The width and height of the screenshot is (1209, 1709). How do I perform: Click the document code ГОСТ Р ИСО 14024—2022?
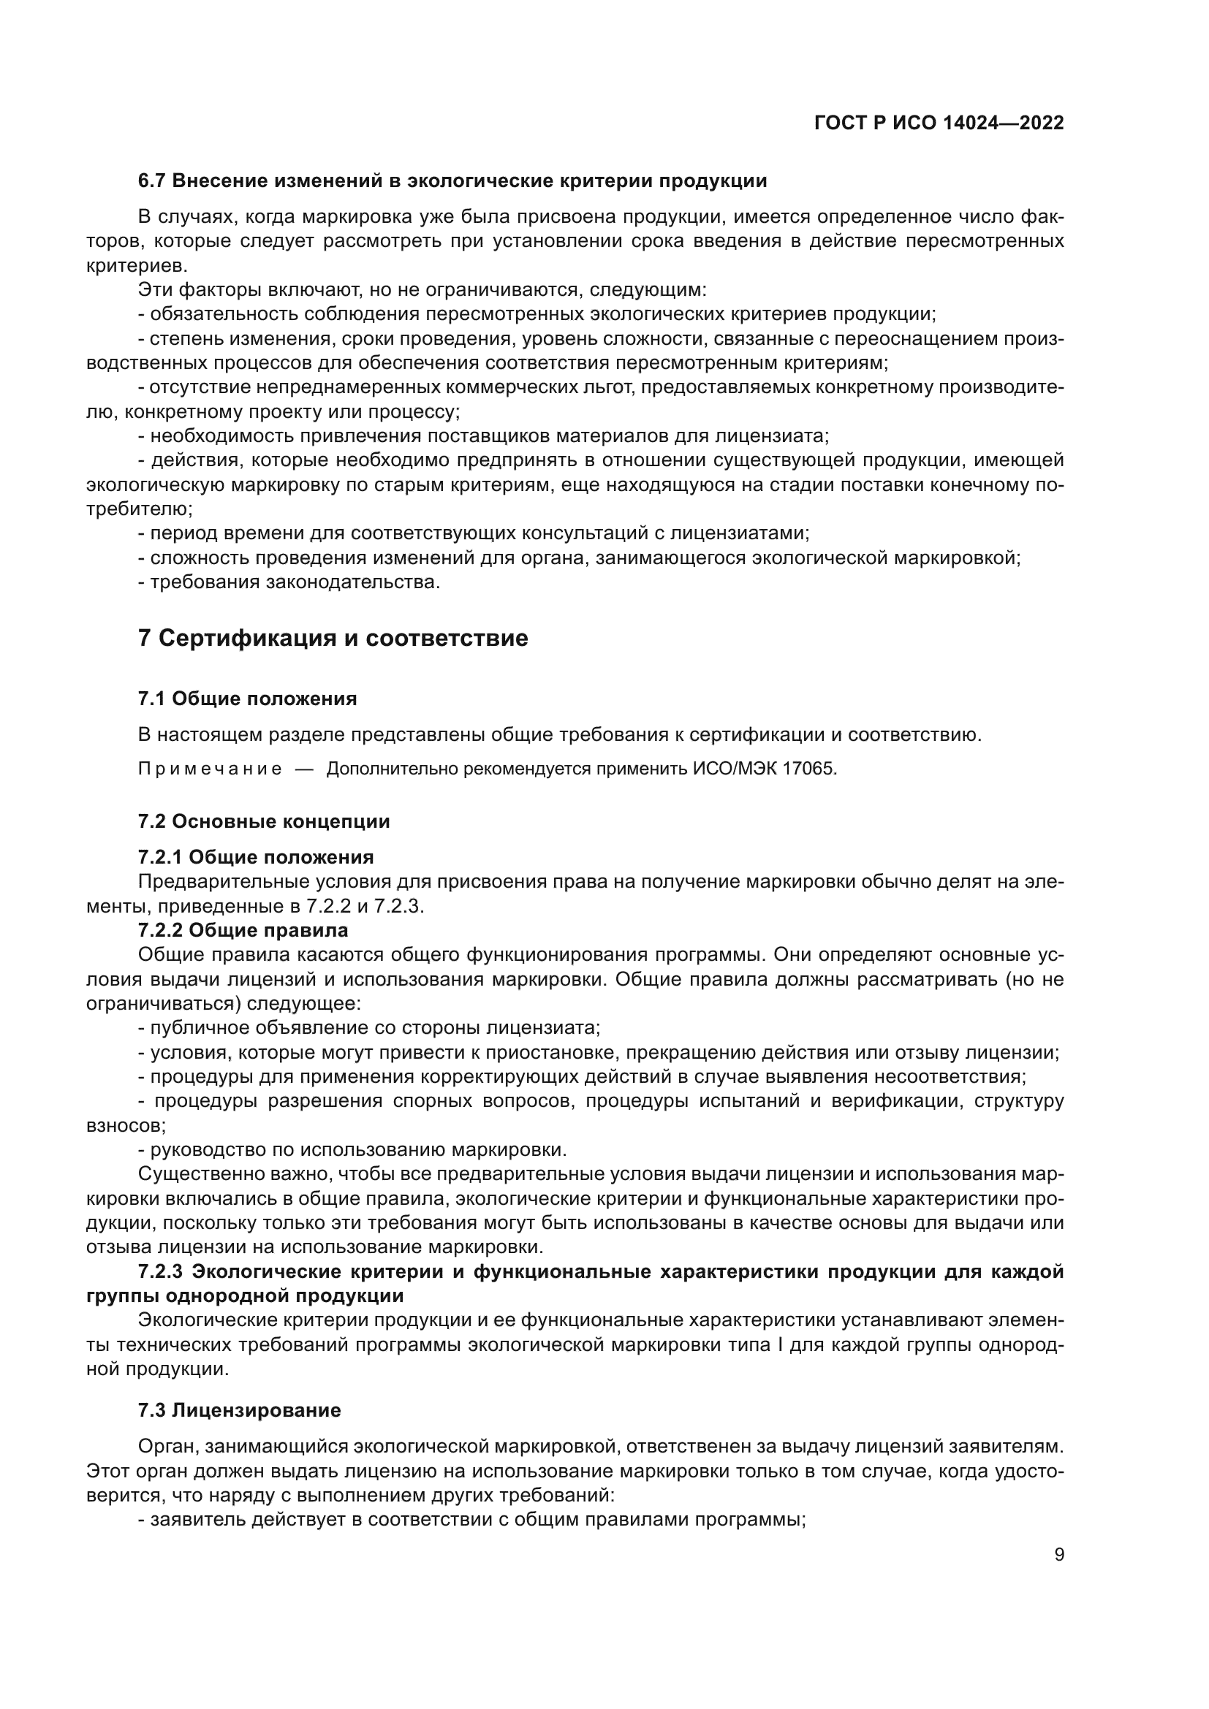pos(939,123)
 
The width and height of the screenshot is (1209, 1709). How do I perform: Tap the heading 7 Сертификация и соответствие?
pos(333,638)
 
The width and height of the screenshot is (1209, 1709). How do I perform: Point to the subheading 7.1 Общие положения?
pos(247,699)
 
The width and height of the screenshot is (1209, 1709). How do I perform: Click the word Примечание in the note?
pos(210,769)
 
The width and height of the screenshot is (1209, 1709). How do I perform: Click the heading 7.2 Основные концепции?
pos(264,821)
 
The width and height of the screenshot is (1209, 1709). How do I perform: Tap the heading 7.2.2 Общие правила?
pos(243,930)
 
